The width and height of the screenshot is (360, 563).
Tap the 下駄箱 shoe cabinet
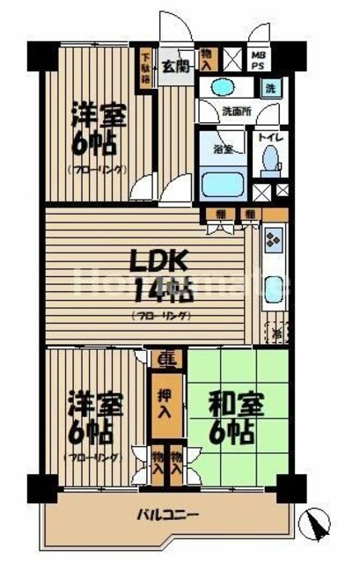[x=145, y=67]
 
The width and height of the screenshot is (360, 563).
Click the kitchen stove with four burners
[x=272, y=238]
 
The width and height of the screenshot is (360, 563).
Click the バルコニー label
[x=167, y=515]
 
